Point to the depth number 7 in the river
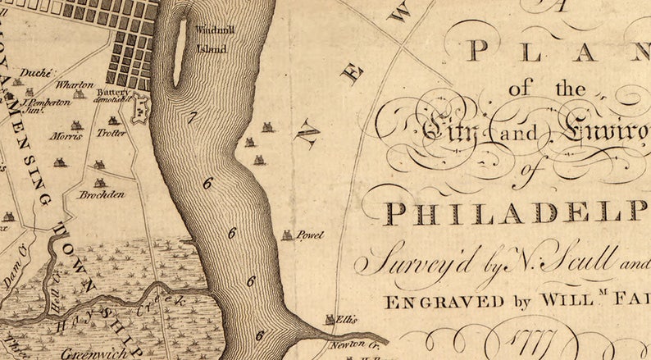pyautogui.click(x=192, y=118)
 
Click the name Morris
pyautogui.click(x=66, y=136)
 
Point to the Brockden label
pyautogui.click(x=102, y=194)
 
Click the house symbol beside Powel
pyautogui.click(x=287, y=235)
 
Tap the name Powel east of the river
pyautogui.click(x=309, y=235)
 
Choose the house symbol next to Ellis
pyautogui.click(x=330, y=320)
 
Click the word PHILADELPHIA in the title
pyautogui.click(x=517, y=213)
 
